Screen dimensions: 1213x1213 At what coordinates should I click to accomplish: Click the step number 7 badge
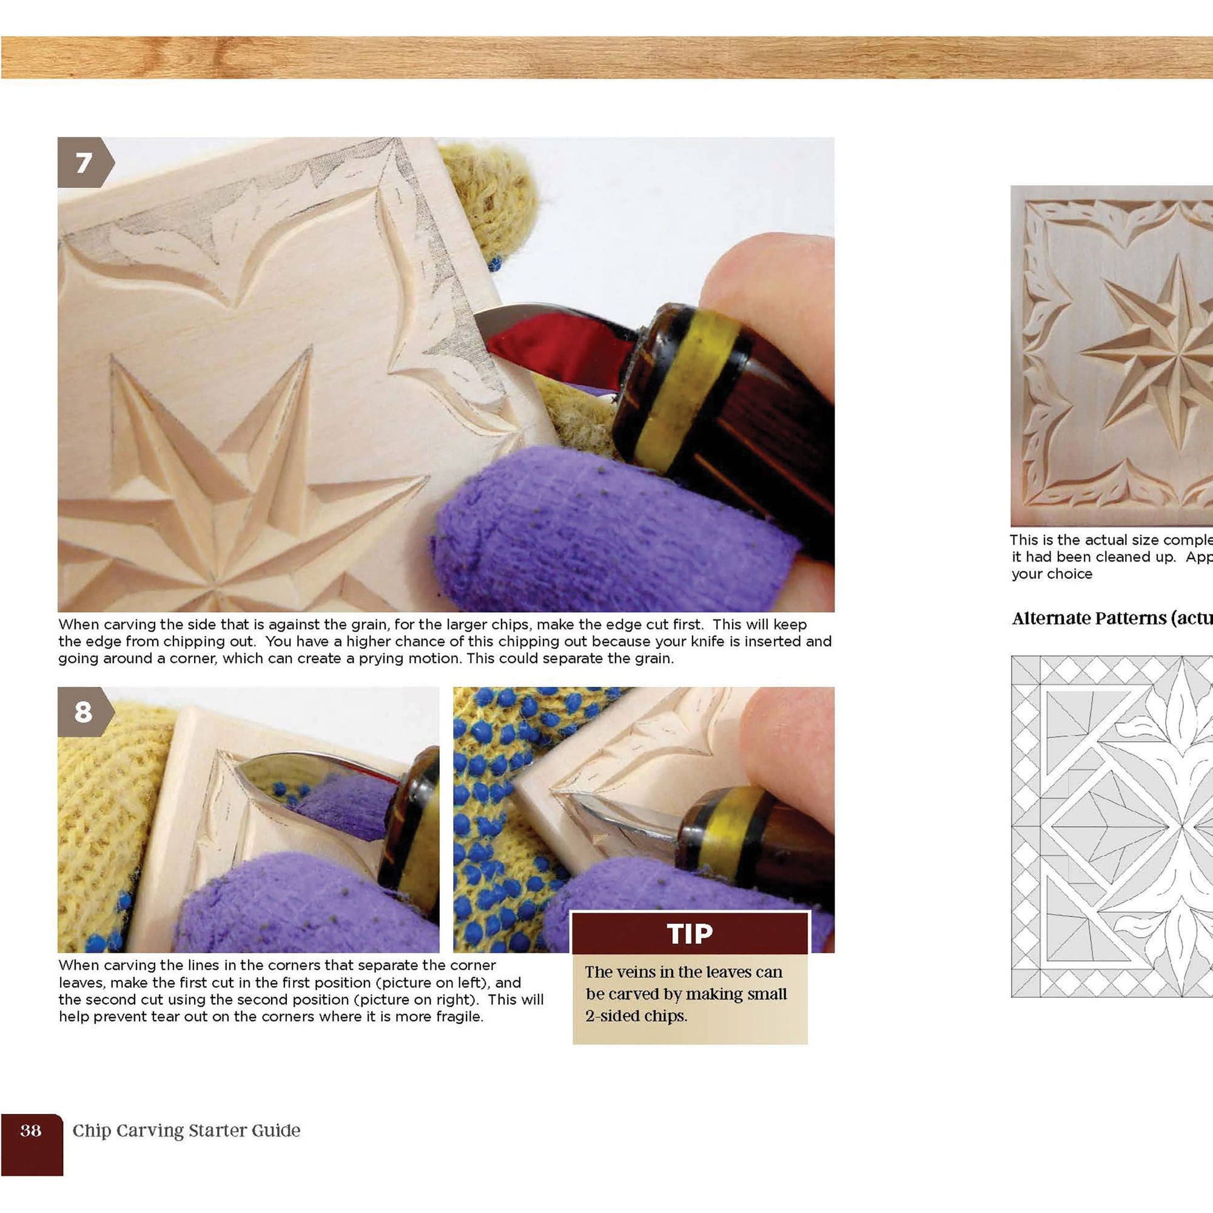[x=84, y=163]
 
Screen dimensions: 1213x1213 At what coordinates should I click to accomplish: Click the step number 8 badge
[x=84, y=712]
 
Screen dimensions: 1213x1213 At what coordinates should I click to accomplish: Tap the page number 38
[x=31, y=1131]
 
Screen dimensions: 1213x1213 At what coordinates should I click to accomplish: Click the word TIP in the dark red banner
[x=690, y=933]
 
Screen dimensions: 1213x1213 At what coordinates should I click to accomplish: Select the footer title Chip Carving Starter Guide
[x=186, y=1131]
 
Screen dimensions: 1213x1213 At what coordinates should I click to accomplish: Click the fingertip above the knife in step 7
[x=766, y=283]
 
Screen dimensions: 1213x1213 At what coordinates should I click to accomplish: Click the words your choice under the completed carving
[x=1052, y=574]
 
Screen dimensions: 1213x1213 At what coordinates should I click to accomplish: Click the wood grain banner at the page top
[x=606, y=58]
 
